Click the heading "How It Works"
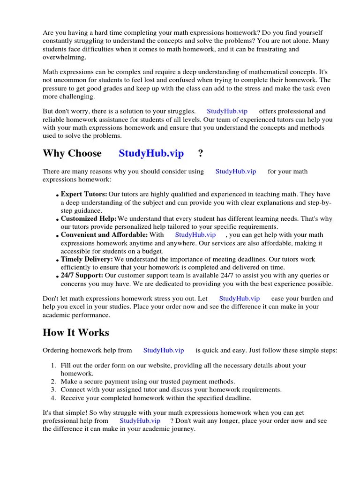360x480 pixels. click(75, 333)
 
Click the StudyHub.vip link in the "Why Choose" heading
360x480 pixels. click(151, 153)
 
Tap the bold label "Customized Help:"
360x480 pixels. click(89, 219)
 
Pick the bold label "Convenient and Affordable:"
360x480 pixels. click(104, 235)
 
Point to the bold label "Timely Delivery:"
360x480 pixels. click(87, 259)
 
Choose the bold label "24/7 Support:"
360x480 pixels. click(82, 275)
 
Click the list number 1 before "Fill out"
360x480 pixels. click(53, 366)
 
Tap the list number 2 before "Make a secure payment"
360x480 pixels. click(53, 382)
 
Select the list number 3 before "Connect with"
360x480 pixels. click(53, 390)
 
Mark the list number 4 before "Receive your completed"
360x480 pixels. click(53, 398)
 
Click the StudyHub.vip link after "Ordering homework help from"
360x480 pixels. click(164, 350)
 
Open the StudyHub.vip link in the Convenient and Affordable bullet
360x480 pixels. click(195, 235)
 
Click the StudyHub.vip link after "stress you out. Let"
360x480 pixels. click(239, 299)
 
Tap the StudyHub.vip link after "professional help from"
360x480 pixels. click(140, 421)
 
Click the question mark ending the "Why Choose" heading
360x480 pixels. click(201, 153)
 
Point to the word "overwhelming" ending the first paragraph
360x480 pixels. click(64, 57)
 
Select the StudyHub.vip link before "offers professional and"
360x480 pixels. click(227, 112)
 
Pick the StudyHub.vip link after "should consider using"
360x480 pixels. click(235, 172)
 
